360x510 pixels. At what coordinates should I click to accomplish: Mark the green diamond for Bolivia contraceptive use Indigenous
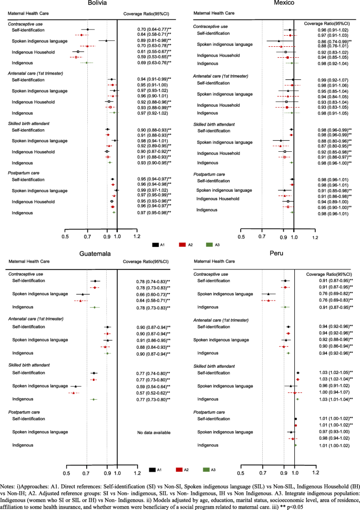(87, 63)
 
